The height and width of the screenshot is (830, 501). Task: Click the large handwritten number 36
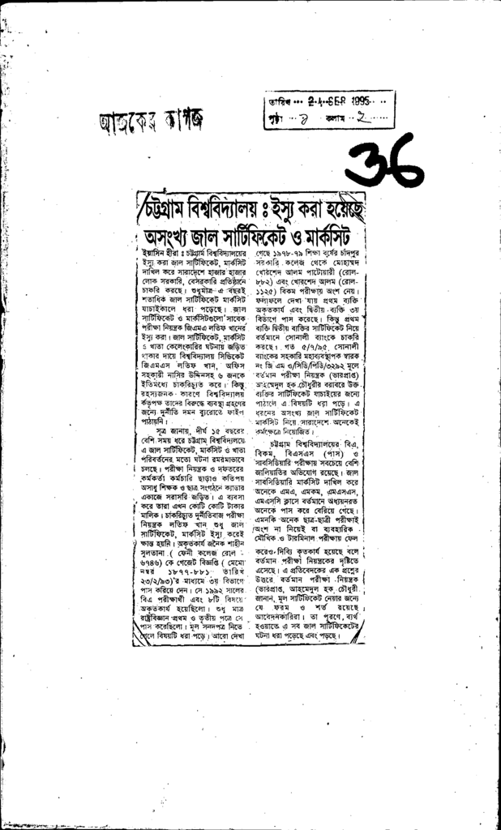(388, 161)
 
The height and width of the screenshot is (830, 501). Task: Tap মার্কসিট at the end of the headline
(334, 237)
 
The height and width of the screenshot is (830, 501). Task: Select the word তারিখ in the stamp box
(279, 103)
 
